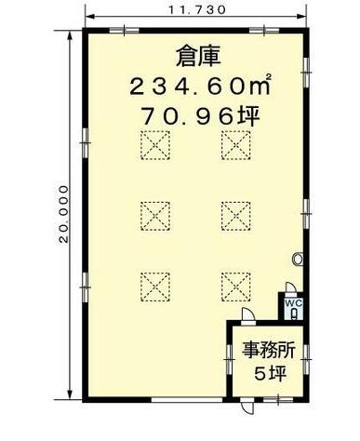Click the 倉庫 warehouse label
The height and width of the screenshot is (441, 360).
[198, 56]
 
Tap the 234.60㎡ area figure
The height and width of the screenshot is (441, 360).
[201, 86]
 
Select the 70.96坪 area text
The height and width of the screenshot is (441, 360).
[201, 116]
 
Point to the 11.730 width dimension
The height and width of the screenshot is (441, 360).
[196, 10]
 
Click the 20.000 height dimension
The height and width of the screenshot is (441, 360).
[63, 214]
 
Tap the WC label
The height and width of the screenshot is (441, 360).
[294, 303]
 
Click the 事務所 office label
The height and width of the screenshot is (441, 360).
[269, 351]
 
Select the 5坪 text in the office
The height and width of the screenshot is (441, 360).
[270, 373]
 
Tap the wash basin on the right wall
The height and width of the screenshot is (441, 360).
[298, 259]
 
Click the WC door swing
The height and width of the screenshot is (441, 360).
[291, 287]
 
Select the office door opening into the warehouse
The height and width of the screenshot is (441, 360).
[248, 315]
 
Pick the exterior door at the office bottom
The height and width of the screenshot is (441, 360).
[247, 406]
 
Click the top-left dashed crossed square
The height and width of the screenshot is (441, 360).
[155, 145]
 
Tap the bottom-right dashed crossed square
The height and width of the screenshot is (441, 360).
[236, 287]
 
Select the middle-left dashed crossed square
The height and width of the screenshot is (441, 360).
[155, 216]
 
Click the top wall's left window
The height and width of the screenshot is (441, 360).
[125, 30]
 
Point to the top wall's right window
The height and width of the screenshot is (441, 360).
[264, 30]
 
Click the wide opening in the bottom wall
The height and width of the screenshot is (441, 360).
[187, 399]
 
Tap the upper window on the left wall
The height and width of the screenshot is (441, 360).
[86, 143]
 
